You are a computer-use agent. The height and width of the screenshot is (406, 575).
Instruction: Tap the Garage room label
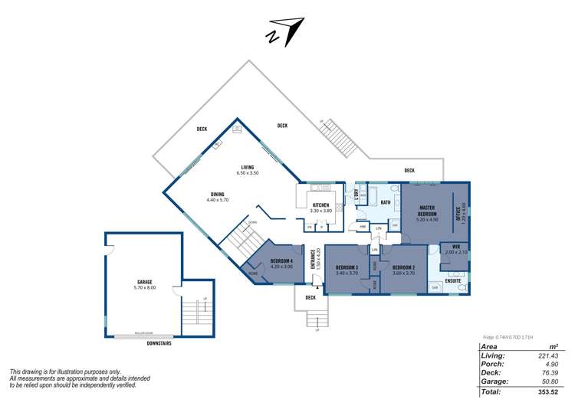point(145,282)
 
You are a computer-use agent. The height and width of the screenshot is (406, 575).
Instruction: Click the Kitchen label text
point(320,205)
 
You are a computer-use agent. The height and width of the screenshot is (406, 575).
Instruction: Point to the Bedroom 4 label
point(281,263)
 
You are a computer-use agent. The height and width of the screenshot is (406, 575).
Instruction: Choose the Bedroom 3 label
point(347,268)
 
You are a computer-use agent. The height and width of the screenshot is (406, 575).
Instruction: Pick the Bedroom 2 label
point(403,268)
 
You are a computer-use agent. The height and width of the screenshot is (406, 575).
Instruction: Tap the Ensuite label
point(454,281)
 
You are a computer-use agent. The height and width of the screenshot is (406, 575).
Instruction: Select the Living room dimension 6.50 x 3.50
point(247,173)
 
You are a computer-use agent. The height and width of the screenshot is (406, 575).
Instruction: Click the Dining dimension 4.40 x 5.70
point(218,200)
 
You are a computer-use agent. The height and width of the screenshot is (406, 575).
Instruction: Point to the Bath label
point(386,202)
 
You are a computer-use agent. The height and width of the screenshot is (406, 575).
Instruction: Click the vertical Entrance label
point(313,259)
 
